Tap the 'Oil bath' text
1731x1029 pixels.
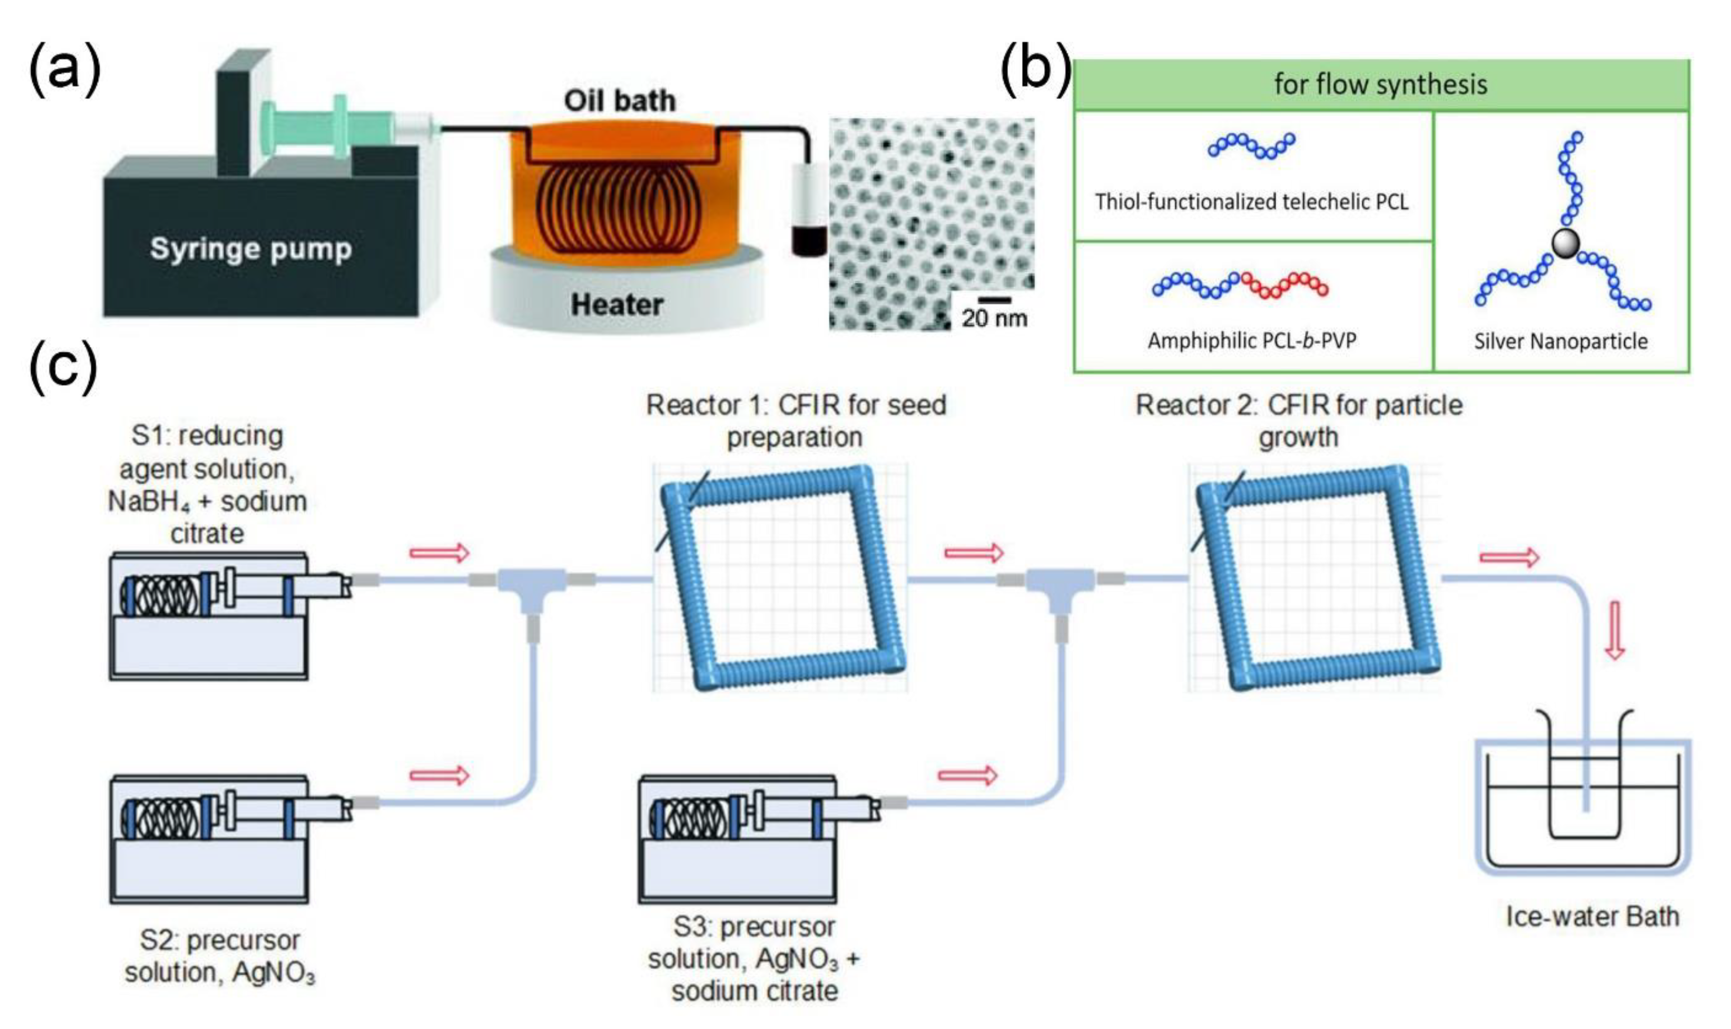pos(619,101)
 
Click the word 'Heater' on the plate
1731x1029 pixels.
pos(616,305)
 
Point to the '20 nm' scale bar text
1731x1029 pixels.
pos(994,318)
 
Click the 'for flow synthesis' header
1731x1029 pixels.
pos(1380,84)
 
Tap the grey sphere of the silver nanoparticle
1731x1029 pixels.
pos(1564,243)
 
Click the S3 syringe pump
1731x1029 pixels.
pos(737,839)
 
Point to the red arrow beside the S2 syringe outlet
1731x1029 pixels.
pos(439,775)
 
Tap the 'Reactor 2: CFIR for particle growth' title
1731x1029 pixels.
pos(1298,421)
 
